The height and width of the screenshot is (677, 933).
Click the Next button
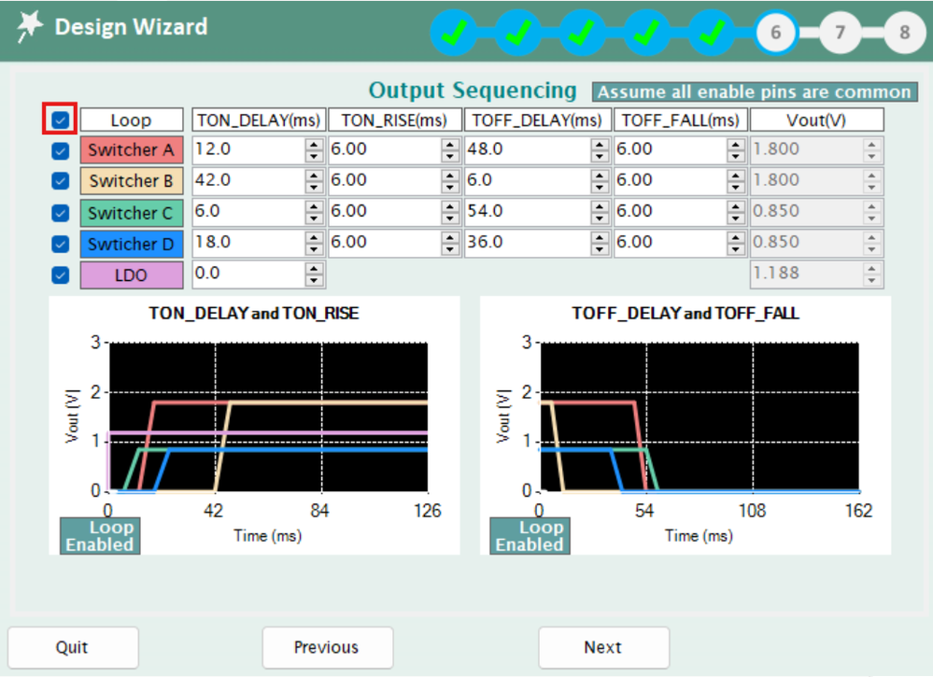coord(603,647)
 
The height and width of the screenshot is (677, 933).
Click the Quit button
coord(73,647)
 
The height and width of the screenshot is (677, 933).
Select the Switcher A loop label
coord(132,149)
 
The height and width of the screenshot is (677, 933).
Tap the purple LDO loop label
coord(132,275)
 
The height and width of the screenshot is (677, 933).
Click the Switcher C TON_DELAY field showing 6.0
coord(247,212)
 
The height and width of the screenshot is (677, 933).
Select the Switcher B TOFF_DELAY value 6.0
coord(527,180)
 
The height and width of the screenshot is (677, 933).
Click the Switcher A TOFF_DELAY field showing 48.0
coord(527,149)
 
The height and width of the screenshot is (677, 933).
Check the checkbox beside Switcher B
coord(61,181)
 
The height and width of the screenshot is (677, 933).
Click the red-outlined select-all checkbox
coord(61,120)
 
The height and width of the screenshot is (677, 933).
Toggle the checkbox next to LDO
coord(61,275)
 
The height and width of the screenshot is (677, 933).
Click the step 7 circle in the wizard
coord(841,33)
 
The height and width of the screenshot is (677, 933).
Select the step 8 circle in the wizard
coord(904,33)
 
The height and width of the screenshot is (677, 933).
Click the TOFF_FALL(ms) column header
coord(680,120)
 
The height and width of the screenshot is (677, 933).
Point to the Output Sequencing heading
coord(473,91)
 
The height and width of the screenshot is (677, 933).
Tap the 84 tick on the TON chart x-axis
coord(322,511)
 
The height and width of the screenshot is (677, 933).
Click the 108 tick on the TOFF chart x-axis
coord(752,511)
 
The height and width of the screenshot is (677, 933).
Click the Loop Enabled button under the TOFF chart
coord(529,536)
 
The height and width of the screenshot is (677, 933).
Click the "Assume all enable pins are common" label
coord(754,92)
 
